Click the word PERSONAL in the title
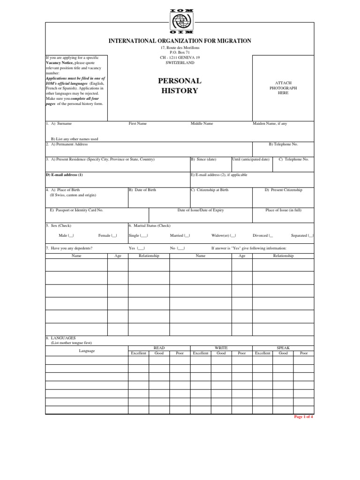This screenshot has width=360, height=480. tap(180, 81)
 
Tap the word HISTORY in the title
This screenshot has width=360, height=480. tap(180, 91)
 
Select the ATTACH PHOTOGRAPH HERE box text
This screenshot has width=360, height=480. tap(283, 88)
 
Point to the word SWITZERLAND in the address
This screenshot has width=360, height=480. tap(180, 62)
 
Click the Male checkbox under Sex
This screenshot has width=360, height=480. tap(71, 236)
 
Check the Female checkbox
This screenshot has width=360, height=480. tap(114, 236)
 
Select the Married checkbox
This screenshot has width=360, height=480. tap(187, 236)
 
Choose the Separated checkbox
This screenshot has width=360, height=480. tap(311, 236)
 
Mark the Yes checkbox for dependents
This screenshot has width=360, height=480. tap(141, 248)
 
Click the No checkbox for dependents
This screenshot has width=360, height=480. tap(181, 248)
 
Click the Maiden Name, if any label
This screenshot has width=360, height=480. tap(270, 124)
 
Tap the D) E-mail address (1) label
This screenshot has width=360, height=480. tap(65, 175)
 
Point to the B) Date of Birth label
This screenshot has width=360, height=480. tap(142, 190)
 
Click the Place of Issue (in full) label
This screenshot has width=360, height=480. tap(283, 210)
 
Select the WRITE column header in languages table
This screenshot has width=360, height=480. tap(221, 348)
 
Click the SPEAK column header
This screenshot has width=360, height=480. tap(283, 348)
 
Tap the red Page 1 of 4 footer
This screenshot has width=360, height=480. tap(303, 417)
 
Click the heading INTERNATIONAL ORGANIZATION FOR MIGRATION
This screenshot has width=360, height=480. tap(180, 41)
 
